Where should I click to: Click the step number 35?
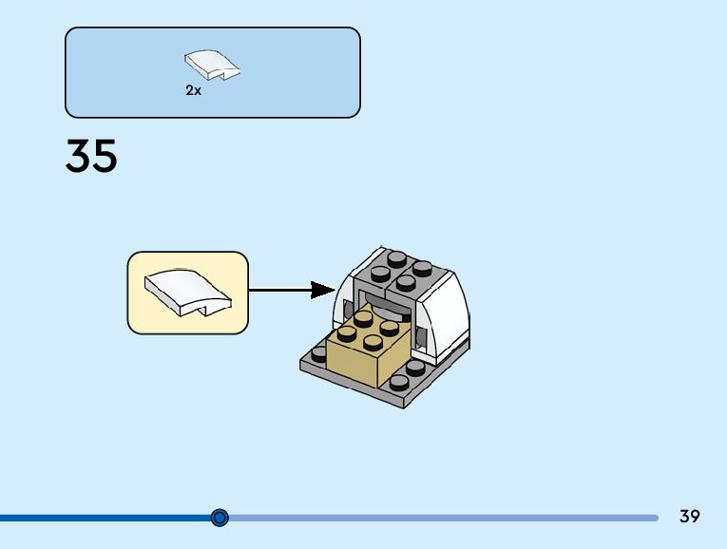(x=91, y=156)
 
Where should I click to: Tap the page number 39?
(x=690, y=517)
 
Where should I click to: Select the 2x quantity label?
(x=194, y=91)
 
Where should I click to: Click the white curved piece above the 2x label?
(x=211, y=66)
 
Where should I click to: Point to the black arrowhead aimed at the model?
(x=323, y=290)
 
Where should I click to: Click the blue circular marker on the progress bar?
(x=220, y=518)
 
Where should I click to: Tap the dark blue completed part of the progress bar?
(x=105, y=518)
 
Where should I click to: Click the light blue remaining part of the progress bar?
(x=437, y=518)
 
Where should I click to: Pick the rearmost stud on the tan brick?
(x=364, y=318)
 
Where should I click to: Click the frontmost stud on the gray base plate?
(x=398, y=382)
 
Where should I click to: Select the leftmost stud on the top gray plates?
(x=381, y=274)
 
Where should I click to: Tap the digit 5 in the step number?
(x=105, y=156)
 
